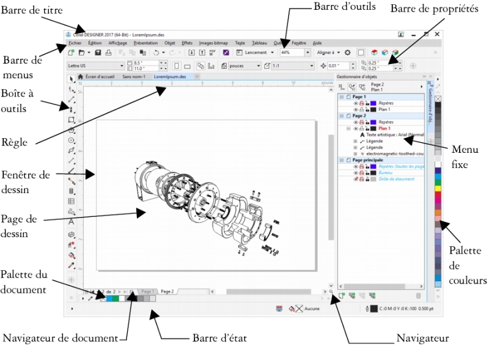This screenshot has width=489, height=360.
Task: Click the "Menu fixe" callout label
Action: tap(466, 156)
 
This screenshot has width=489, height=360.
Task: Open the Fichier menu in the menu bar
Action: tap(75, 43)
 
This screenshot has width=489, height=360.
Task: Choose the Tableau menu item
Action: tap(259, 43)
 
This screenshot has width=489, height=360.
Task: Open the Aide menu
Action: tap(317, 43)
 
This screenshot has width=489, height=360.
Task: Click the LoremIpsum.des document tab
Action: tap(171, 77)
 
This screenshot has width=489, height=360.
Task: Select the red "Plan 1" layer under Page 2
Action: tap(384, 129)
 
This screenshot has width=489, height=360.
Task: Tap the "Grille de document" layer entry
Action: tap(394, 179)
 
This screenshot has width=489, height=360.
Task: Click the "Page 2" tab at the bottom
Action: tap(167, 292)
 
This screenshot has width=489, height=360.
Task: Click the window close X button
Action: tap(437, 35)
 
